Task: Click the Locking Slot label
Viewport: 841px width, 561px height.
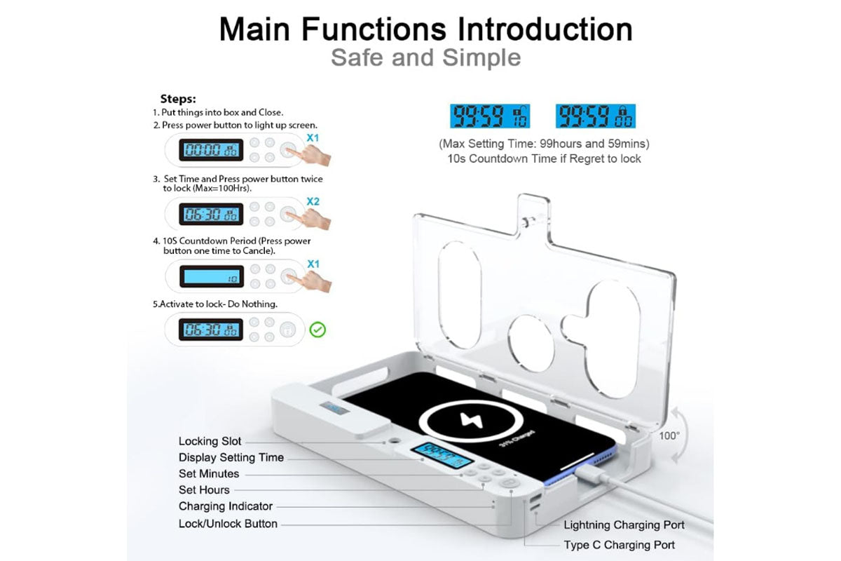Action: [x=210, y=441]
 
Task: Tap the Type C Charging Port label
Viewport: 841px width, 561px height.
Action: [x=620, y=545]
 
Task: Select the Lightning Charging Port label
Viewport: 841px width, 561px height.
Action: [x=624, y=525]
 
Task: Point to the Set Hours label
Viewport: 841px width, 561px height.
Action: [x=204, y=489]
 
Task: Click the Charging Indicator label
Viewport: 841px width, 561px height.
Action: [x=226, y=506]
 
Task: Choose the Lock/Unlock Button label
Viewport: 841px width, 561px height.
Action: [x=228, y=523]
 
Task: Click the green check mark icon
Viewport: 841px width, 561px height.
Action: [x=317, y=329]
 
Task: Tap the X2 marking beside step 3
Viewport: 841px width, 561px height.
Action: [x=313, y=201]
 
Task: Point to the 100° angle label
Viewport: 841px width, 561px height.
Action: [x=669, y=435]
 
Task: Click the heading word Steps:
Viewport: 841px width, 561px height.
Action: [x=178, y=99]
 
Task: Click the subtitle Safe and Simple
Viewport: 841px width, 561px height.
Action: [x=425, y=57]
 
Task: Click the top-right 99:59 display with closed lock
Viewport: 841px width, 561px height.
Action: [x=595, y=116]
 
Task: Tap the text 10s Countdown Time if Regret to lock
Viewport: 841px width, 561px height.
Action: [x=544, y=158]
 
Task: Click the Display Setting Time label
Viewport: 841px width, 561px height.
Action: [x=231, y=457]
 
